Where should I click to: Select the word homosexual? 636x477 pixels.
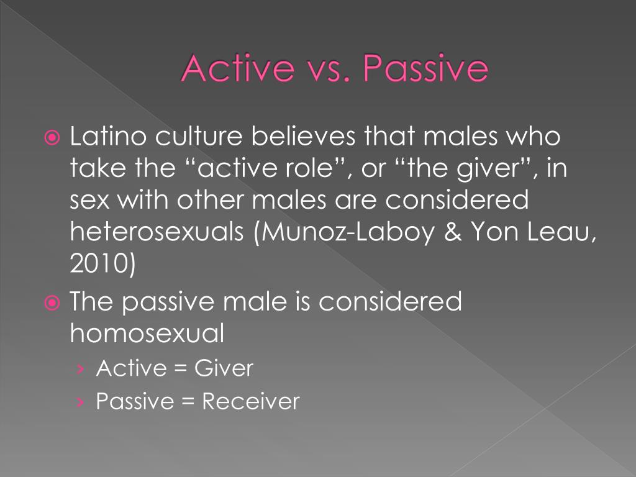(x=147, y=334)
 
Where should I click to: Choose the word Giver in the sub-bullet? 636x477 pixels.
(x=224, y=368)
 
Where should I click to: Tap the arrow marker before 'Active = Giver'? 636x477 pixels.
(x=81, y=369)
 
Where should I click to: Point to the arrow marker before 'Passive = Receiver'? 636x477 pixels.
(x=81, y=402)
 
